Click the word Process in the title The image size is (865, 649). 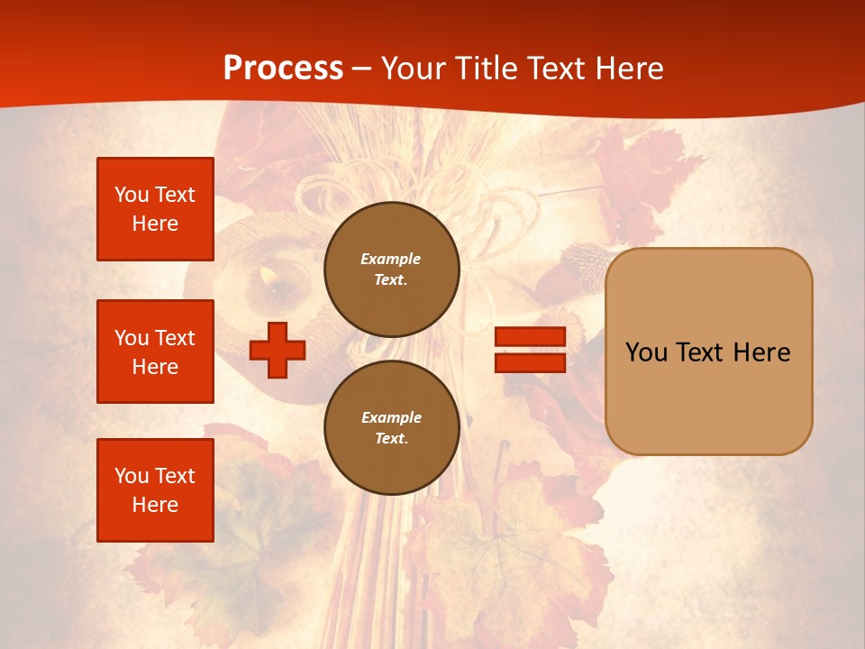pyautogui.click(x=283, y=68)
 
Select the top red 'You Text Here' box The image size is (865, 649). pyautogui.click(x=155, y=209)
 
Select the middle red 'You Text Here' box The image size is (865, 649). pyautogui.click(x=155, y=352)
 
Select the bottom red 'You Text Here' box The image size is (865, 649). pyautogui.click(x=155, y=490)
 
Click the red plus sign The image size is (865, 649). pyautogui.click(x=278, y=350)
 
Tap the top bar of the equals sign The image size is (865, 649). pyautogui.click(x=530, y=337)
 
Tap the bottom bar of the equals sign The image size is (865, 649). pyautogui.click(x=530, y=362)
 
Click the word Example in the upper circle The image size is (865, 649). pyautogui.click(x=390, y=259)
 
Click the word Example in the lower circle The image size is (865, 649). pyautogui.click(x=391, y=417)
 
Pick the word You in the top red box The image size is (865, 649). pyautogui.click(x=132, y=195)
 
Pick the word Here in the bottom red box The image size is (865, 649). pyautogui.click(x=155, y=505)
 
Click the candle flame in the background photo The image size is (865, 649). pyautogui.click(x=268, y=273)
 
